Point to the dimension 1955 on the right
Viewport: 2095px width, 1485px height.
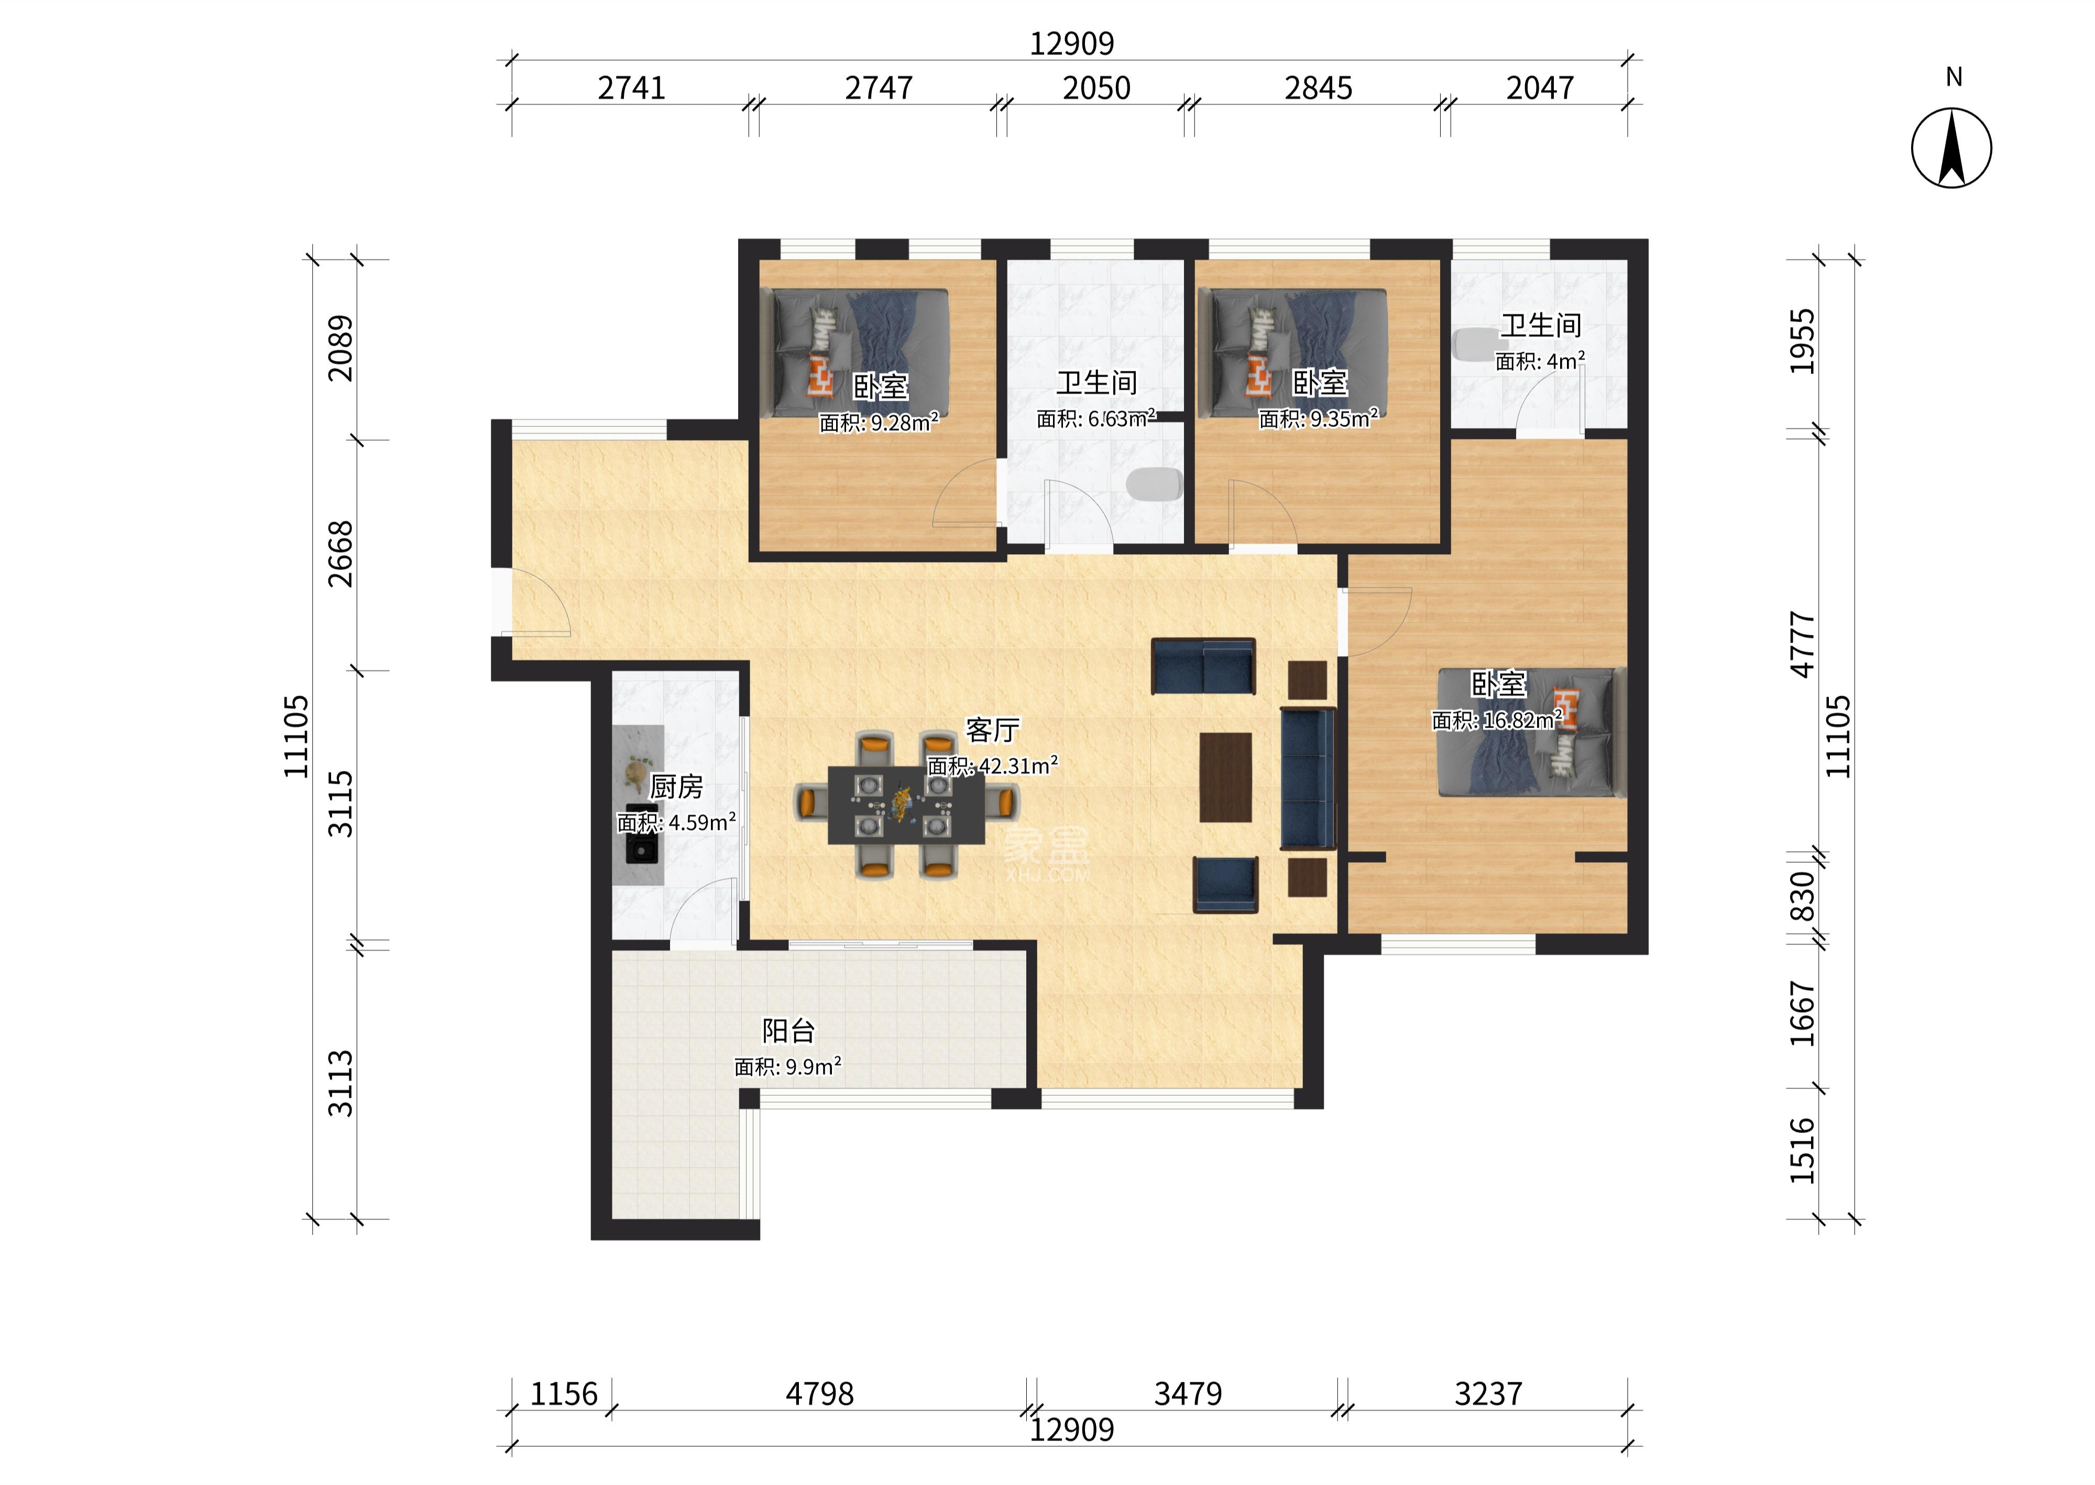[x=1802, y=341]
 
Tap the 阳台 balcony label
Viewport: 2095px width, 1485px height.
[x=788, y=1030]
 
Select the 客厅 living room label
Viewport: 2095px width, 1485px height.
[x=992, y=730]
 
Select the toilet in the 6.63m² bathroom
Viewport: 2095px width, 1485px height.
[x=1154, y=485]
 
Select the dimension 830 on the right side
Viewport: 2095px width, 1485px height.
[x=1802, y=896]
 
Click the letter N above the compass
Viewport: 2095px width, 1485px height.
[x=1953, y=78]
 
